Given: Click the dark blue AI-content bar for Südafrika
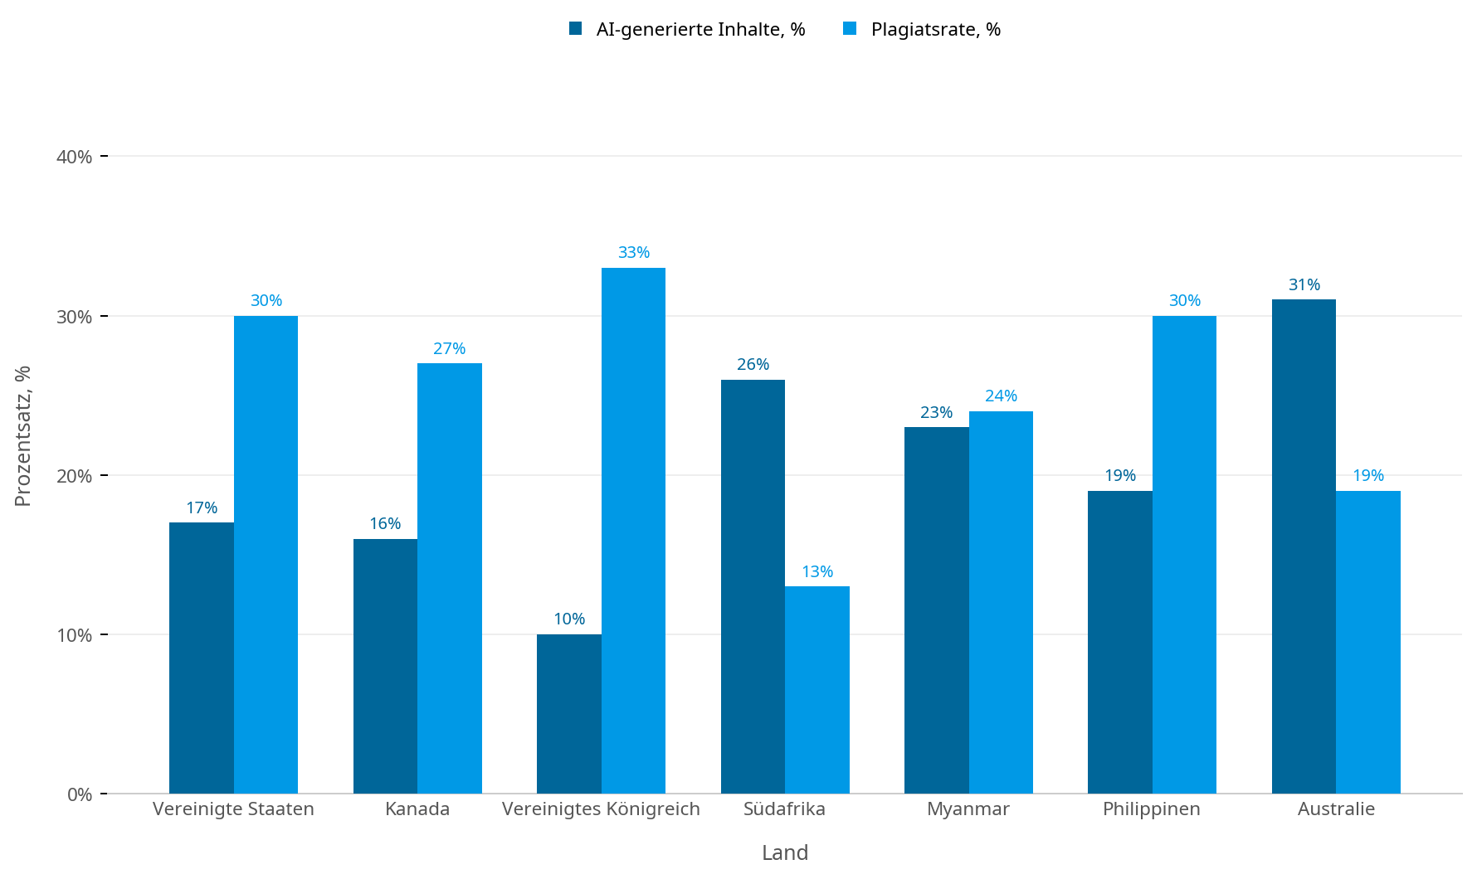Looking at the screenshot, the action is coord(753,586).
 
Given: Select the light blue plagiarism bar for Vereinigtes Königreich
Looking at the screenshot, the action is coord(633,531).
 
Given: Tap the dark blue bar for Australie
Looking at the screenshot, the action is coord(1304,546).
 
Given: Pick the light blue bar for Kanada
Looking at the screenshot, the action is coord(450,578).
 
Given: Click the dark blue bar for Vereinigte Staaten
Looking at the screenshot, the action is coord(202,658).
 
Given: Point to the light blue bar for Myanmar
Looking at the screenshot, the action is coord(1001,602).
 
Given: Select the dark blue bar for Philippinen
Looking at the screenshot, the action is coord(1120,642).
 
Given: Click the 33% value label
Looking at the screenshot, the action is coord(634,252).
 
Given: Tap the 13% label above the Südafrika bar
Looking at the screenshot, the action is coord(817,571).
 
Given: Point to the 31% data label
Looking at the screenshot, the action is coord(1304,284).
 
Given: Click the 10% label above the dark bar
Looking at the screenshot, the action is coord(569,619).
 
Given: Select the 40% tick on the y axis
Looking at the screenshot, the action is coord(75,157).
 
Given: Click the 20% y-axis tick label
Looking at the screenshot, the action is coord(75,476).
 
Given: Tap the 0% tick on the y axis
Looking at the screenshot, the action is coord(80,794).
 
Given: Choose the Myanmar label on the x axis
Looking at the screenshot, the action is coord(968,809).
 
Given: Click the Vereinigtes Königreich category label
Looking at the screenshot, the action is coord(601,809).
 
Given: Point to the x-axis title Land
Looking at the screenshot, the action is coord(785,852).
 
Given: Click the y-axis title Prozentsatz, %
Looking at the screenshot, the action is coord(23,436).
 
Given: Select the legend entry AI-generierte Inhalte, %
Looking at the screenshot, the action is coord(688,30).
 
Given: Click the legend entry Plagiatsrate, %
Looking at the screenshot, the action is coord(923,30).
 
